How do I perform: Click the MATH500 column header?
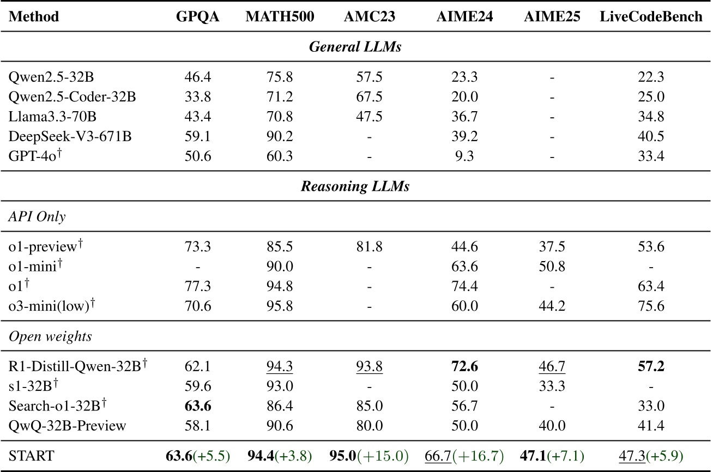[x=280, y=16]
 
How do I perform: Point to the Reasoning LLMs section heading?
[x=355, y=187]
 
